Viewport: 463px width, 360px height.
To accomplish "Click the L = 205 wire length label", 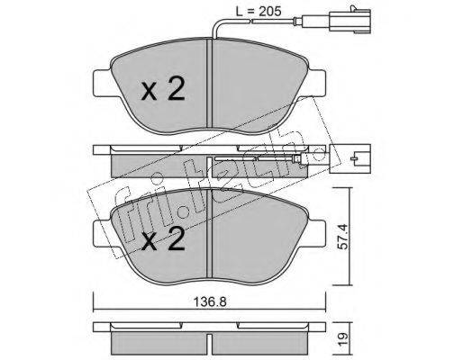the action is pos(259,12).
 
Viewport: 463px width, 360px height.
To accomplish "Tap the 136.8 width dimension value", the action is pos(210,302).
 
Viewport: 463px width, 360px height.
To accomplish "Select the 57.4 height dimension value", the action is pos(342,236).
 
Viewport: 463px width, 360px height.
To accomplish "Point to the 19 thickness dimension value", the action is pos(342,337).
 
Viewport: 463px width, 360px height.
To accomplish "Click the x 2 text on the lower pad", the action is pos(163,238).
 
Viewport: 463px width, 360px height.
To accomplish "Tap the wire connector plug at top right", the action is pos(350,20).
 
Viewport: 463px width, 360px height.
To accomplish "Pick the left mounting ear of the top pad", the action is pos(103,83).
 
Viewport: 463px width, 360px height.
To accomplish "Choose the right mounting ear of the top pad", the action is pos(315,83).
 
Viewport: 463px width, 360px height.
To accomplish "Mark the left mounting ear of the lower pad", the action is pos(103,233).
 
